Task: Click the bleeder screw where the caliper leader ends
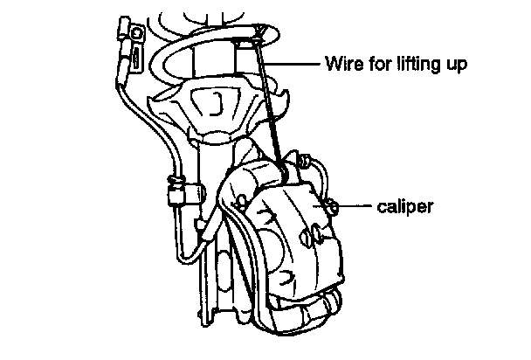[334, 206]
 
